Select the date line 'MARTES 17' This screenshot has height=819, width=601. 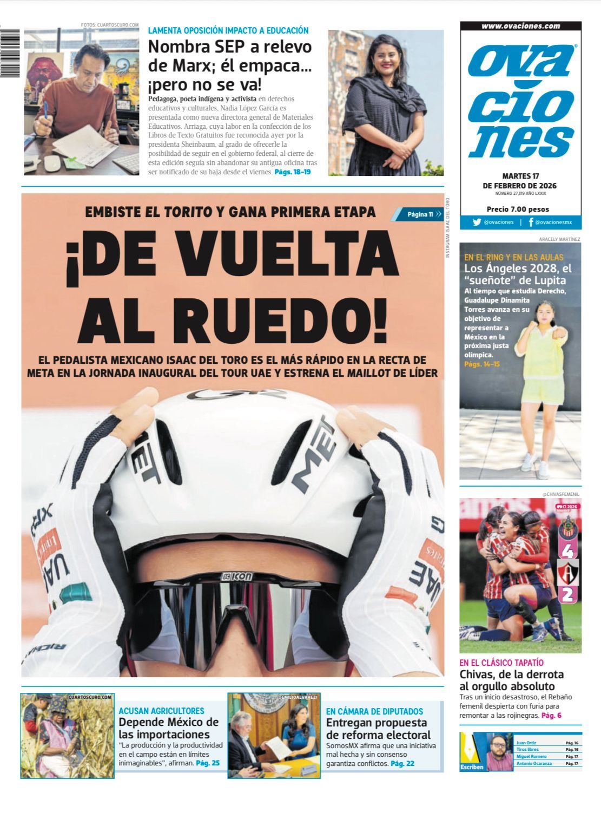coord(520,176)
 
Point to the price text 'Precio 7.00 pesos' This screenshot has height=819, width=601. coord(518,209)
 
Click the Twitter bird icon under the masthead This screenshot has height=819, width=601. coord(477,222)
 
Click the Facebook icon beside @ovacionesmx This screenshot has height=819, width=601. coord(531,222)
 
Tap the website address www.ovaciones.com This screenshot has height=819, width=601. coord(520,26)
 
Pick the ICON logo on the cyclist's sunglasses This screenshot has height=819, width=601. coord(236,577)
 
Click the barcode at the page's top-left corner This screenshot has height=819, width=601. coord(9,52)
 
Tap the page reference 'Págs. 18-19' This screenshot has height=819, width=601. coord(293,172)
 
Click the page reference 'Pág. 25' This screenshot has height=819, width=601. coord(208,763)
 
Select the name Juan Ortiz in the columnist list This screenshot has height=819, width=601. coord(526,743)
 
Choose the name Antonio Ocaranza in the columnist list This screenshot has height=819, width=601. coord(534,763)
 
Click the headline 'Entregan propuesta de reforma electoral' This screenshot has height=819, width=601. coord(378,729)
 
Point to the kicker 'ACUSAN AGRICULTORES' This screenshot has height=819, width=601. coord(161,711)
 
